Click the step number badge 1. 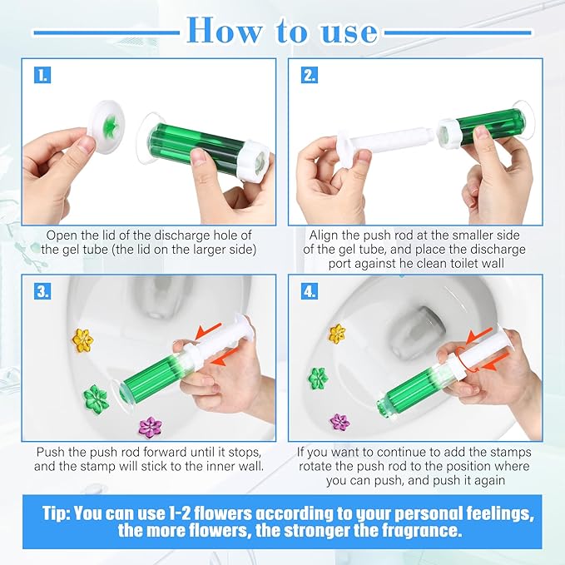coord(42,75)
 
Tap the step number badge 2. coord(309,75)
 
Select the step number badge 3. coord(42,292)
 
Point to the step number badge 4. coord(309,292)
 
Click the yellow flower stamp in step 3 coord(82,339)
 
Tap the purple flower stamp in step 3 coord(151,427)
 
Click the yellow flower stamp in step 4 coord(337,334)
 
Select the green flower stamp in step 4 coord(318,379)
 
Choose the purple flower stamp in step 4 coord(340,423)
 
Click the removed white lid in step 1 coord(112,128)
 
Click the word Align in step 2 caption coord(325,235)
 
